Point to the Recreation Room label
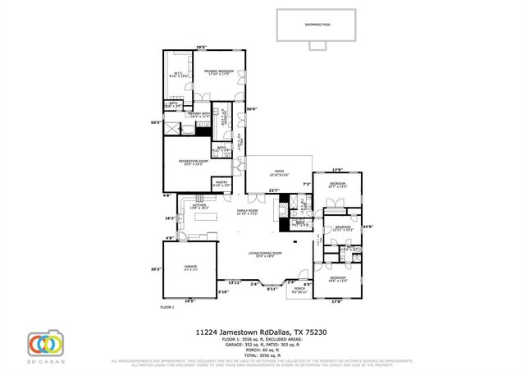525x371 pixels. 191,162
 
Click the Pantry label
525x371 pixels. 221,185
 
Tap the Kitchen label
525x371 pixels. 200,206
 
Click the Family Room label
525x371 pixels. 247,213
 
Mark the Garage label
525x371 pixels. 191,267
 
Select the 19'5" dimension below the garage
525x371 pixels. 190,301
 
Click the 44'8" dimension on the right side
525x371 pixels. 368,227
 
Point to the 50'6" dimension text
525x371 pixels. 252,109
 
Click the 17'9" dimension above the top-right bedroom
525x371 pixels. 337,170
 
